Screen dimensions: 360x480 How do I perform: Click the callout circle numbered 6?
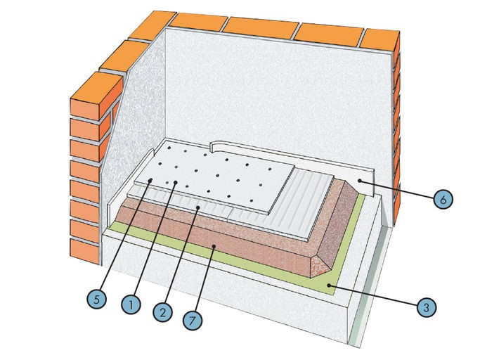coord(442,200)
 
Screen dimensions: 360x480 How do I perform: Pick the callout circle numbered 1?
coord(129,304)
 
